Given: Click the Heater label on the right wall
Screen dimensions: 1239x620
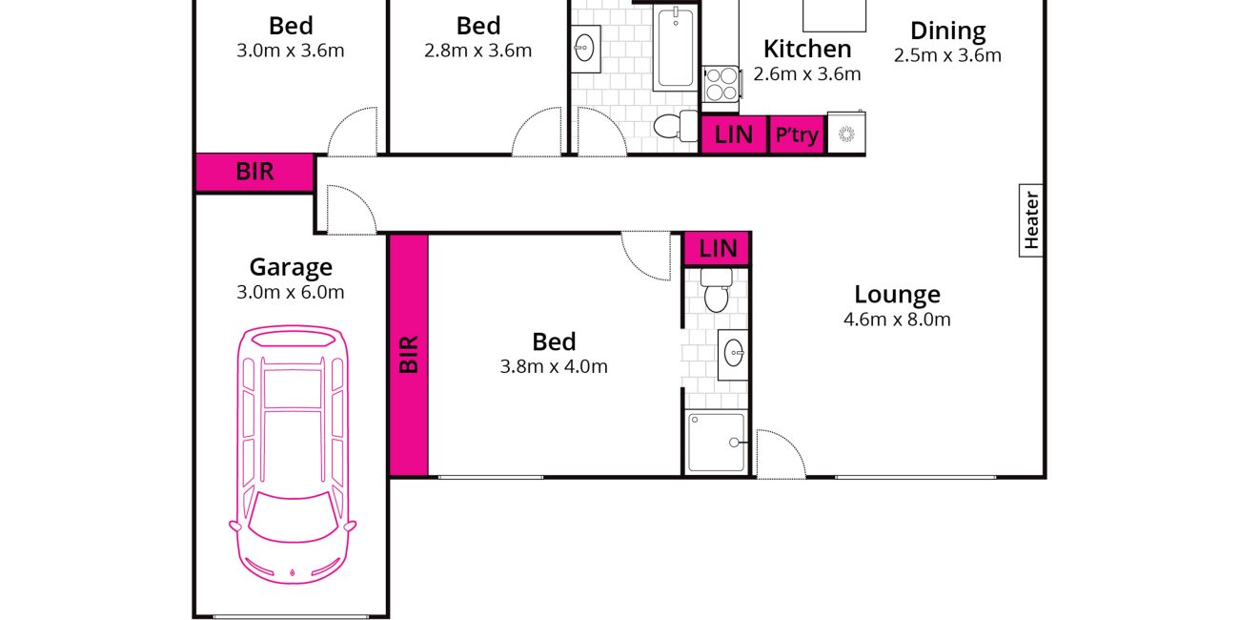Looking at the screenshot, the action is tap(1031, 220).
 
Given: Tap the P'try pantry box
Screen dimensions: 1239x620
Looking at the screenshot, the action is tap(797, 134).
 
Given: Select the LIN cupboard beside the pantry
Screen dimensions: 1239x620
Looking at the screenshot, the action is tap(734, 134).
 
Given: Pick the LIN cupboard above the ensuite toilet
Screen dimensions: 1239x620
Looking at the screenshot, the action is tap(718, 249).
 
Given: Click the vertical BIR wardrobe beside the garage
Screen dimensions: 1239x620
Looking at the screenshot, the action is tap(409, 355).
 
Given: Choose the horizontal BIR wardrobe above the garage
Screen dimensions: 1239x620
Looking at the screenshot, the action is tap(254, 172).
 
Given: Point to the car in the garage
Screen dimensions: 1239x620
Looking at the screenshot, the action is tap(293, 454).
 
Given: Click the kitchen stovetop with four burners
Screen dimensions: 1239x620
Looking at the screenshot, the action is tap(721, 84).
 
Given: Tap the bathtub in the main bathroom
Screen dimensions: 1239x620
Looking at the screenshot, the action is tap(676, 48).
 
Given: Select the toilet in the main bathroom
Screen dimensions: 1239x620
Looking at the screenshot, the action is tap(676, 126).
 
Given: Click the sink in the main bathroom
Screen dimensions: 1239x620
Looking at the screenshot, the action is tap(584, 49).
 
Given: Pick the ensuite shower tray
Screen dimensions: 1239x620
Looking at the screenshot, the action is tap(717, 443).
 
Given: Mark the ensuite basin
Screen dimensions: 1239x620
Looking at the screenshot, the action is tap(734, 355).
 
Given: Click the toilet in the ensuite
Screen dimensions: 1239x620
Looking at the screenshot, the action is tap(717, 291).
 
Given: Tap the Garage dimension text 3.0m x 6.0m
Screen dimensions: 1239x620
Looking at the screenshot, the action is tap(291, 292).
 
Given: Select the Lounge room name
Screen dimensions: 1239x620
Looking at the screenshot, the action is tap(897, 295).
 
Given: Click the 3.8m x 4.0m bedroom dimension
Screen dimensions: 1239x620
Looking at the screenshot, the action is tap(554, 366).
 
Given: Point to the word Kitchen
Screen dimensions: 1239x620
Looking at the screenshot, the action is tap(807, 49).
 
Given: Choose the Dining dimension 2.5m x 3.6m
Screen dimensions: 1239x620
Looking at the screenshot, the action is tap(947, 55).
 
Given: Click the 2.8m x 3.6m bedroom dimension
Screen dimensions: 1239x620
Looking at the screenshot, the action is tap(477, 51).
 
